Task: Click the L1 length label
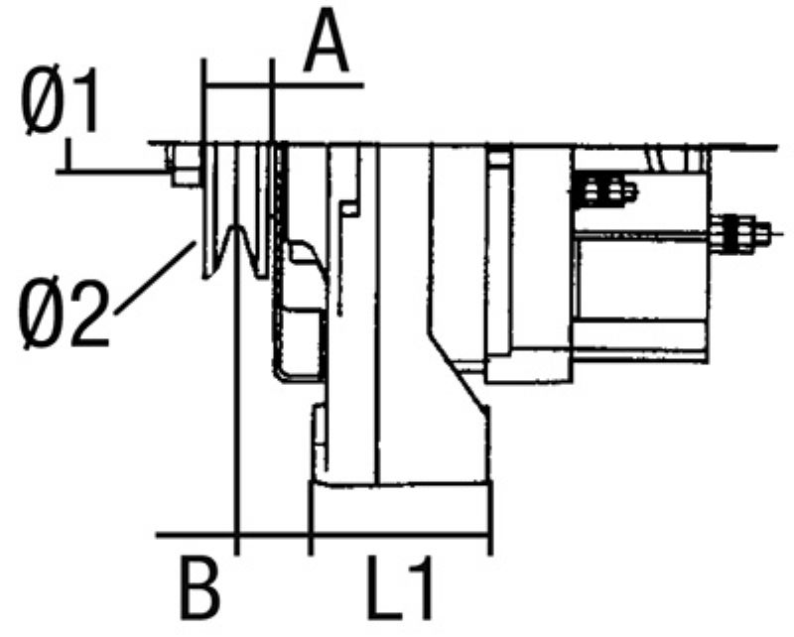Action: click(x=400, y=588)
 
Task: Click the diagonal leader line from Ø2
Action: click(x=156, y=278)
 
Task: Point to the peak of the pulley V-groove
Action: click(x=235, y=228)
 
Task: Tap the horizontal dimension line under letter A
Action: click(x=283, y=84)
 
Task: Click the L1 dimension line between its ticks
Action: click(x=400, y=534)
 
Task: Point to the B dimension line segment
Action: click(x=274, y=534)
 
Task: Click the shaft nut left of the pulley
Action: click(x=184, y=165)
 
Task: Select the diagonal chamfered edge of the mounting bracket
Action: click(x=459, y=370)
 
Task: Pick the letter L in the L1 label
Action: click(x=385, y=588)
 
